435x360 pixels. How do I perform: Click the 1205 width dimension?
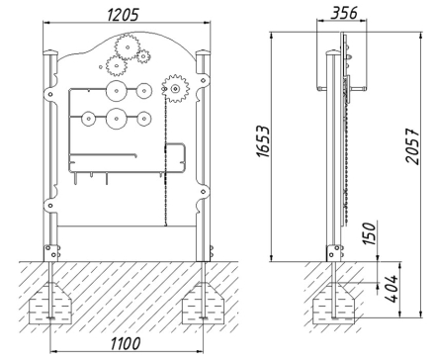click(x=124, y=15)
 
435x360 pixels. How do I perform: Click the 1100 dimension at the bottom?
click(x=126, y=343)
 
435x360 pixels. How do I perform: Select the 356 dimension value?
click(x=344, y=13)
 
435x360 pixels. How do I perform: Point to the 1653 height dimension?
click(x=264, y=140)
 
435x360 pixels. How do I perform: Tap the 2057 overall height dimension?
click(x=412, y=146)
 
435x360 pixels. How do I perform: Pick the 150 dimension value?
click(x=370, y=233)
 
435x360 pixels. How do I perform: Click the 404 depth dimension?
click(x=391, y=288)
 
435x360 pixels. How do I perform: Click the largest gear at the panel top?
click(x=128, y=46)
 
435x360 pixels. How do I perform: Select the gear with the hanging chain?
click(x=175, y=88)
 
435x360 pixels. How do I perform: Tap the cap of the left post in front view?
click(x=50, y=52)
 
